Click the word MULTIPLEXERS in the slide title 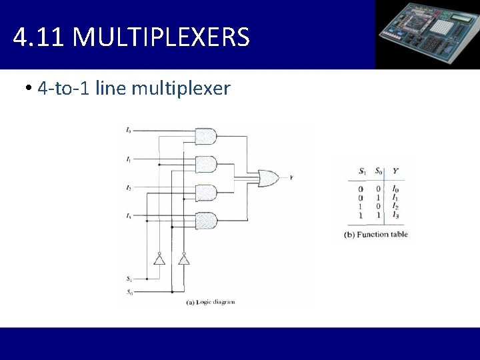tap(161, 37)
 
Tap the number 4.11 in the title tap(39, 37)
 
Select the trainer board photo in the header tap(427, 34)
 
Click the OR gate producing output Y tap(269, 178)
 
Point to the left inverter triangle tap(159, 259)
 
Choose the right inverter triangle tap(183, 259)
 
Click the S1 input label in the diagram tap(128, 278)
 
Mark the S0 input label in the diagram tap(128, 292)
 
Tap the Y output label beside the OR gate tap(291, 178)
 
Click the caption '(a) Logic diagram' tap(211, 302)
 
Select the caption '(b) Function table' tap(375, 234)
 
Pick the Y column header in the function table tap(395, 171)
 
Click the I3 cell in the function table tap(395, 215)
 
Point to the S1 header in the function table tap(362, 171)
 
